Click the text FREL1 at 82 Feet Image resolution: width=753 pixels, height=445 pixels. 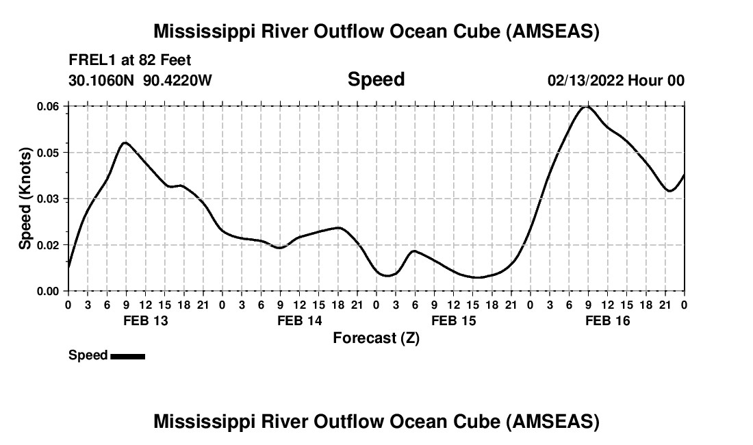click(130, 60)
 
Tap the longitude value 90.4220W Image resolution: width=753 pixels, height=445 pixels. click(178, 81)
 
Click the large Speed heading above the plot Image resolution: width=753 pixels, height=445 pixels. click(376, 79)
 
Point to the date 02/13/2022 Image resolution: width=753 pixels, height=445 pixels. click(585, 81)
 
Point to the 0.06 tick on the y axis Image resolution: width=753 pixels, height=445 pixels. click(48, 106)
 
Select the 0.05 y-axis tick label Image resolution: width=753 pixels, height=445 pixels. click(48, 153)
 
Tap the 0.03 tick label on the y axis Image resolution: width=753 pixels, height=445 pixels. click(48, 199)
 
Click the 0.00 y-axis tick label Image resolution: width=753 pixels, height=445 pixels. click(48, 291)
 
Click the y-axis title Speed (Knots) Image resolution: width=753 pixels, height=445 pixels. click(25, 199)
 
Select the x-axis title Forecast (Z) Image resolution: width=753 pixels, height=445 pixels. click(376, 338)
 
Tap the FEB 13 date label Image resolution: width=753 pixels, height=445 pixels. click(145, 321)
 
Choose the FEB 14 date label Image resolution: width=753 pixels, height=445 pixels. click(299, 321)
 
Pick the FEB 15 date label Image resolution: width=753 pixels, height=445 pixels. click(453, 321)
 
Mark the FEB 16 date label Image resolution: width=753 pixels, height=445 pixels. click(607, 321)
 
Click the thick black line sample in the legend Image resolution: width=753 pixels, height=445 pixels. click(127, 356)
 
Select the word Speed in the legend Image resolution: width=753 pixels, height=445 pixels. click(88, 355)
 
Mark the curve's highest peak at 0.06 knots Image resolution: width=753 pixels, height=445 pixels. click(587, 107)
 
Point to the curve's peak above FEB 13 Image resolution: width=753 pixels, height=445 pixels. click(125, 142)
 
